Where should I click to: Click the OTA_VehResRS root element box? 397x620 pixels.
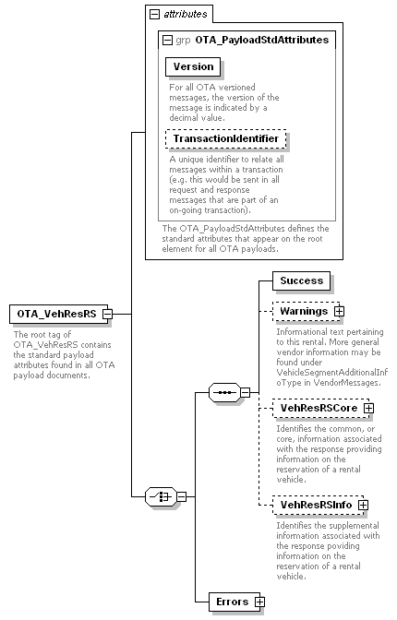(x=58, y=314)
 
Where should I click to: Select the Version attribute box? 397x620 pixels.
(x=193, y=66)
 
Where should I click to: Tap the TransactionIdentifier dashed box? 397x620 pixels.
(x=226, y=138)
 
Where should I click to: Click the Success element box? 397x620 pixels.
(x=301, y=280)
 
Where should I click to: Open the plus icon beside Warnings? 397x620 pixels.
(x=339, y=312)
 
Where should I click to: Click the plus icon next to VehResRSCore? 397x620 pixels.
(x=369, y=408)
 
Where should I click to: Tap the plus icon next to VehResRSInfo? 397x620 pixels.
(x=364, y=505)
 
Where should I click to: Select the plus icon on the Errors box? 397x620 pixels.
(x=259, y=602)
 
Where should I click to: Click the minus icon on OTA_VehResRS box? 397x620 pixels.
(x=108, y=314)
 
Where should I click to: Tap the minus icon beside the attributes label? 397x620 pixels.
(x=155, y=15)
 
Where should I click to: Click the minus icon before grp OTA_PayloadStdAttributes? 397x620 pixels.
(x=168, y=40)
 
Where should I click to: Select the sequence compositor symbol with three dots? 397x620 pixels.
(x=224, y=393)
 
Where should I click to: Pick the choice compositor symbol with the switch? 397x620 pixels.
(x=161, y=496)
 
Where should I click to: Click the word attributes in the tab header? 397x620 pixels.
(x=186, y=14)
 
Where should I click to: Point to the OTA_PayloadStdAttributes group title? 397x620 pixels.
(x=262, y=40)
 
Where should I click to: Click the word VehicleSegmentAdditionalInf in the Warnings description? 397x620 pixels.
(x=332, y=373)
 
